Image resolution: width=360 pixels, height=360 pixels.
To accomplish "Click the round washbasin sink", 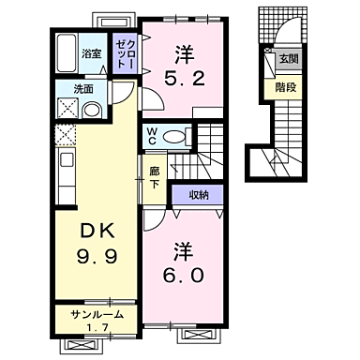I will [x=92, y=110].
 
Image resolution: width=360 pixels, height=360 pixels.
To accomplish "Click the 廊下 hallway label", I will [x=155, y=177].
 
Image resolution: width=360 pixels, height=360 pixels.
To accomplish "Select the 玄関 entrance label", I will [x=282, y=59].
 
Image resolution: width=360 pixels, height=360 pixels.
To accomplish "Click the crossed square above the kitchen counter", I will [x=65, y=137].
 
